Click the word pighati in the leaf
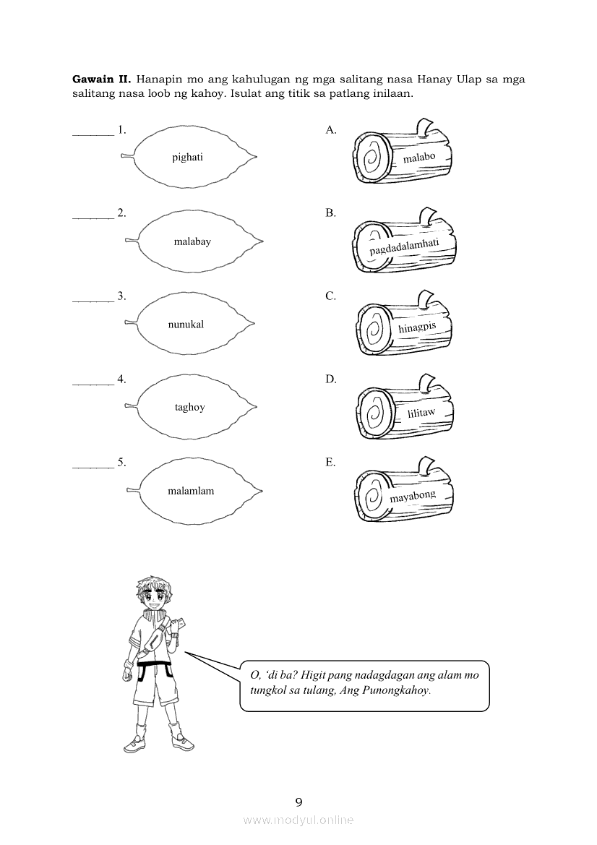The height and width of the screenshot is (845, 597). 187,158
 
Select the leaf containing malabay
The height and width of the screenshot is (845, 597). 192,241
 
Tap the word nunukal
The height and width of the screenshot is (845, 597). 186,325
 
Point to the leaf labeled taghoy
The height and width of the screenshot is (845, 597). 189,407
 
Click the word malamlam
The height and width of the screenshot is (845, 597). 191,491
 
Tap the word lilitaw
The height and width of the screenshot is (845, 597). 421,413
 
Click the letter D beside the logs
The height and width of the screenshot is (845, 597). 330,379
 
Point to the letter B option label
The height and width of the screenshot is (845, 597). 330,213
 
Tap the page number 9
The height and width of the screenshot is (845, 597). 298,801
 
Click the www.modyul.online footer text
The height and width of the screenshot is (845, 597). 298,820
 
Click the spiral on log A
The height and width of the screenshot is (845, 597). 373,155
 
